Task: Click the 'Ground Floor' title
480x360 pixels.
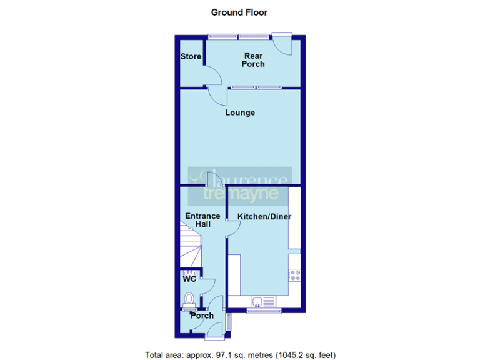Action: click(239, 12)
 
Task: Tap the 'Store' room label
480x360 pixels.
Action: click(191, 57)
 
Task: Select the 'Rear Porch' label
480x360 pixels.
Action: click(253, 60)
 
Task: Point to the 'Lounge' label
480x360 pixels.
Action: click(240, 113)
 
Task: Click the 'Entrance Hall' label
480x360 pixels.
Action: click(202, 220)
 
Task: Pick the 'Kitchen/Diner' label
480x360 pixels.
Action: click(264, 217)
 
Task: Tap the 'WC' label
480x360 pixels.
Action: click(189, 279)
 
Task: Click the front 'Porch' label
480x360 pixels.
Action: click(202, 316)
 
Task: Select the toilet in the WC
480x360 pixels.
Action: click(189, 301)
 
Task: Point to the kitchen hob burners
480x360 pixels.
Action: click(294, 274)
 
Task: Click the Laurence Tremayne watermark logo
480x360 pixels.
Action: click(241, 184)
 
